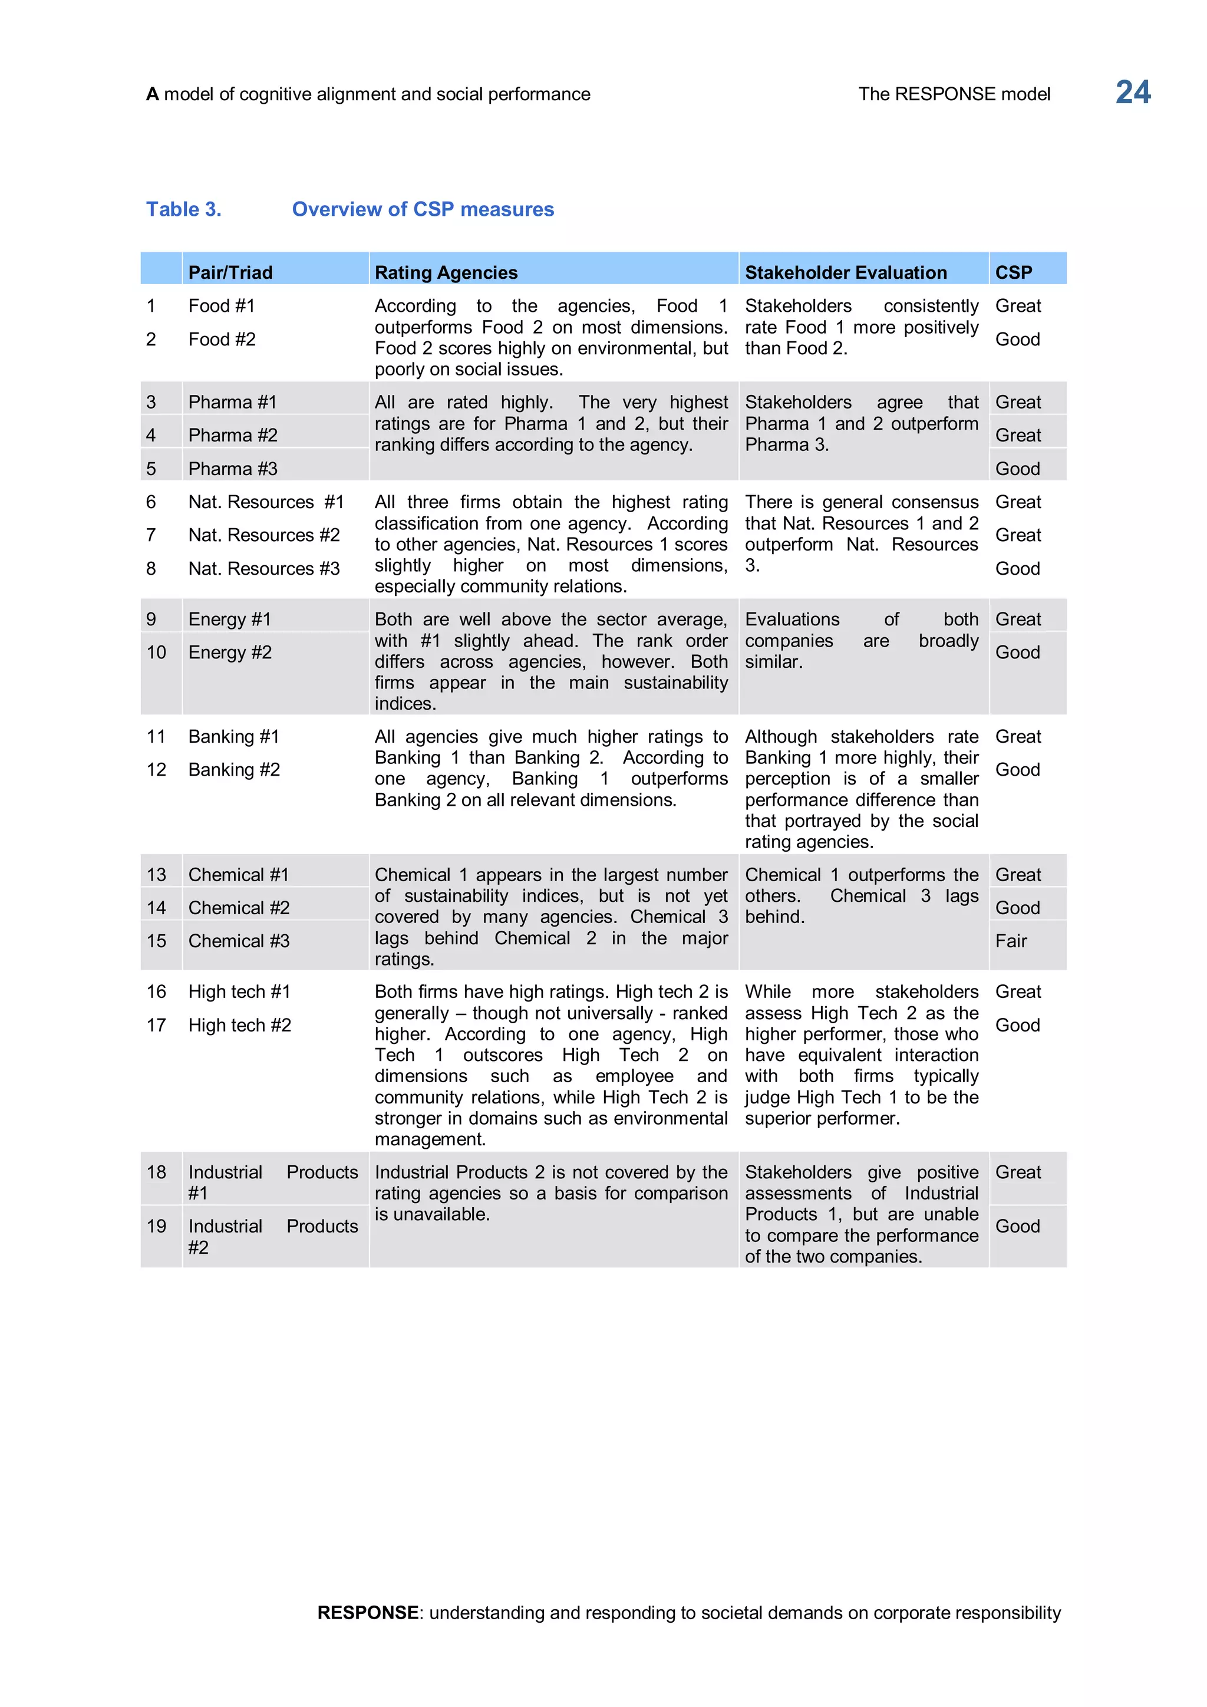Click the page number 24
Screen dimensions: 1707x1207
1132,93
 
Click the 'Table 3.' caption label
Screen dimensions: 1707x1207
183,210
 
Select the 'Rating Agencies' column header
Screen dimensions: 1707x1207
446,273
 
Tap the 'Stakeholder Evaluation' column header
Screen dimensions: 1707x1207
846,273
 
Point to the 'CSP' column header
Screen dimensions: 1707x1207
1013,273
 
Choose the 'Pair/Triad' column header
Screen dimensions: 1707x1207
230,273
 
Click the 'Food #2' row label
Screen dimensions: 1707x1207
222,340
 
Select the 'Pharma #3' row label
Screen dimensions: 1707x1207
233,469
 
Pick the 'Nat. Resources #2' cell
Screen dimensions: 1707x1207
264,535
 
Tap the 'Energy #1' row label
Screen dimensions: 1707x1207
230,619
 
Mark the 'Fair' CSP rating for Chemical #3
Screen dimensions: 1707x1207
1011,941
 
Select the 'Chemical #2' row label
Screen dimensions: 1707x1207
239,908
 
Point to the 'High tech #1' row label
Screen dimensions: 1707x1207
239,992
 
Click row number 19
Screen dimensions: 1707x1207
156,1227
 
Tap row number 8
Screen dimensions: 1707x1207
151,569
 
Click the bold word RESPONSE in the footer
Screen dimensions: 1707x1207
368,1613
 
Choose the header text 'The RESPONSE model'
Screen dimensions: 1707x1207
954,94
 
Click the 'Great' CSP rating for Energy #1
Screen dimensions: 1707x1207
1017,619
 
